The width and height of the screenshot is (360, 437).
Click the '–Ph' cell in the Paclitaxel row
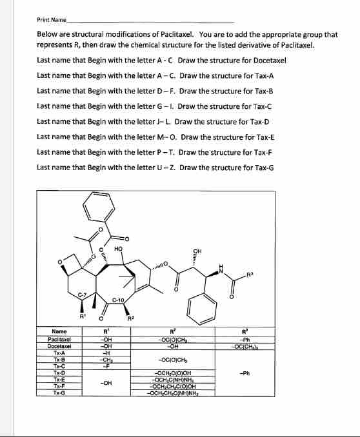[x=301, y=339]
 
